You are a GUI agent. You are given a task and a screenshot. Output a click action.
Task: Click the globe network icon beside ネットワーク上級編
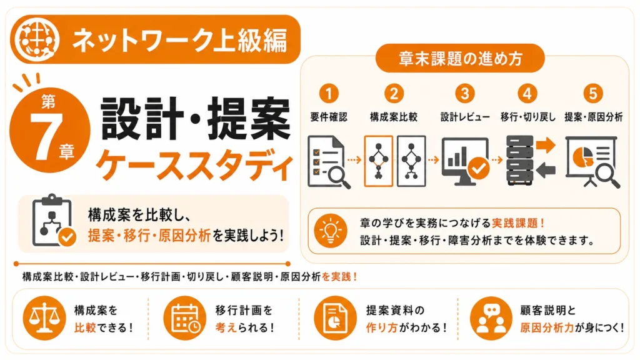click(x=37, y=39)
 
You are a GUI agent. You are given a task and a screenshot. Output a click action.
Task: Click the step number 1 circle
click(x=329, y=94)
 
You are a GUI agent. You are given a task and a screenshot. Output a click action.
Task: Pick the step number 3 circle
click(x=464, y=94)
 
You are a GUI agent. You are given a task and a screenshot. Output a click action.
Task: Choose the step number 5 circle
click(x=592, y=94)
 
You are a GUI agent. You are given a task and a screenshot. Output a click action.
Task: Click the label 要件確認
click(x=329, y=117)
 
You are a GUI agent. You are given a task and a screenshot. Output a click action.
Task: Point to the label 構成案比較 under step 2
click(x=394, y=117)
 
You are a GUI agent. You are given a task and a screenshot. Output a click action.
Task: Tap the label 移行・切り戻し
click(x=528, y=117)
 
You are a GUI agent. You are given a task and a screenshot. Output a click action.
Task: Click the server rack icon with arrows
click(x=530, y=161)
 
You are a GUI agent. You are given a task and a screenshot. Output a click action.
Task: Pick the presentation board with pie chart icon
click(x=592, y=162)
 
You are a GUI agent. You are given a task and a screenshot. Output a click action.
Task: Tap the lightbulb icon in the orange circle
click(x=331, y=231)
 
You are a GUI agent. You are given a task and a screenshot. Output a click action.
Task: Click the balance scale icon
click(x=44, y=318)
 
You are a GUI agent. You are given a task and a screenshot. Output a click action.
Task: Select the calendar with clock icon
click(x=185, y=318)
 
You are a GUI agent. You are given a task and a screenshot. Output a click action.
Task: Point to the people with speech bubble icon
click(x=491, y=318)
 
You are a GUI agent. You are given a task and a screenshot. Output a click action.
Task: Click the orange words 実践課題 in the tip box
click(x=515, y=223)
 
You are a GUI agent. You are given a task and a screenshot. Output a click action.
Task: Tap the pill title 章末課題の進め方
click(x=461, y=59)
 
